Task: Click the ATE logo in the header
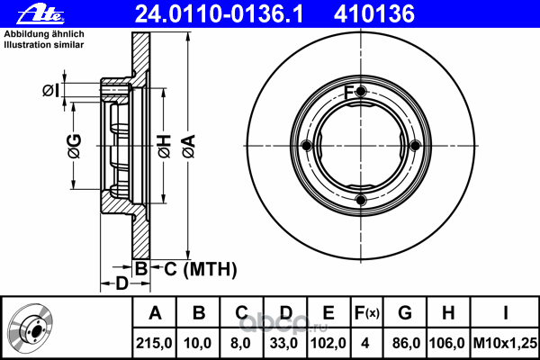pyautogui.click(x=40, y=15)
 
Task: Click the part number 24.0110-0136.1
pyautogui.click(x=219, y=14)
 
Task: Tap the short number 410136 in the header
pyautogui.click(x=374, y=14)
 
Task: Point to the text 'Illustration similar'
pyautogui.click(x=44, y=45)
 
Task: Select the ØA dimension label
pyautogui.click(x=189, y=146)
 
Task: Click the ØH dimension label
pyautogui.click(x=165, y=146)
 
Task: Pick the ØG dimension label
pyautogui.click(x=75, y=146)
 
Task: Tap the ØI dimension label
pyautogui.click(x=50, y=91)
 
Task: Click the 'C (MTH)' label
pyautogui.click(x=201, y=269)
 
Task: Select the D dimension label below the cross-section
pyautogui.click(x=121, y=283)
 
